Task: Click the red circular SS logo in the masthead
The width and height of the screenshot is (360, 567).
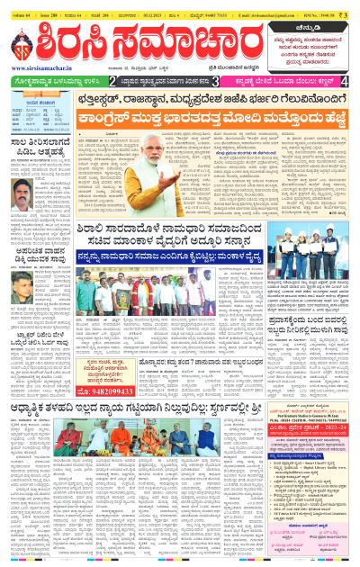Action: point(24,51)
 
